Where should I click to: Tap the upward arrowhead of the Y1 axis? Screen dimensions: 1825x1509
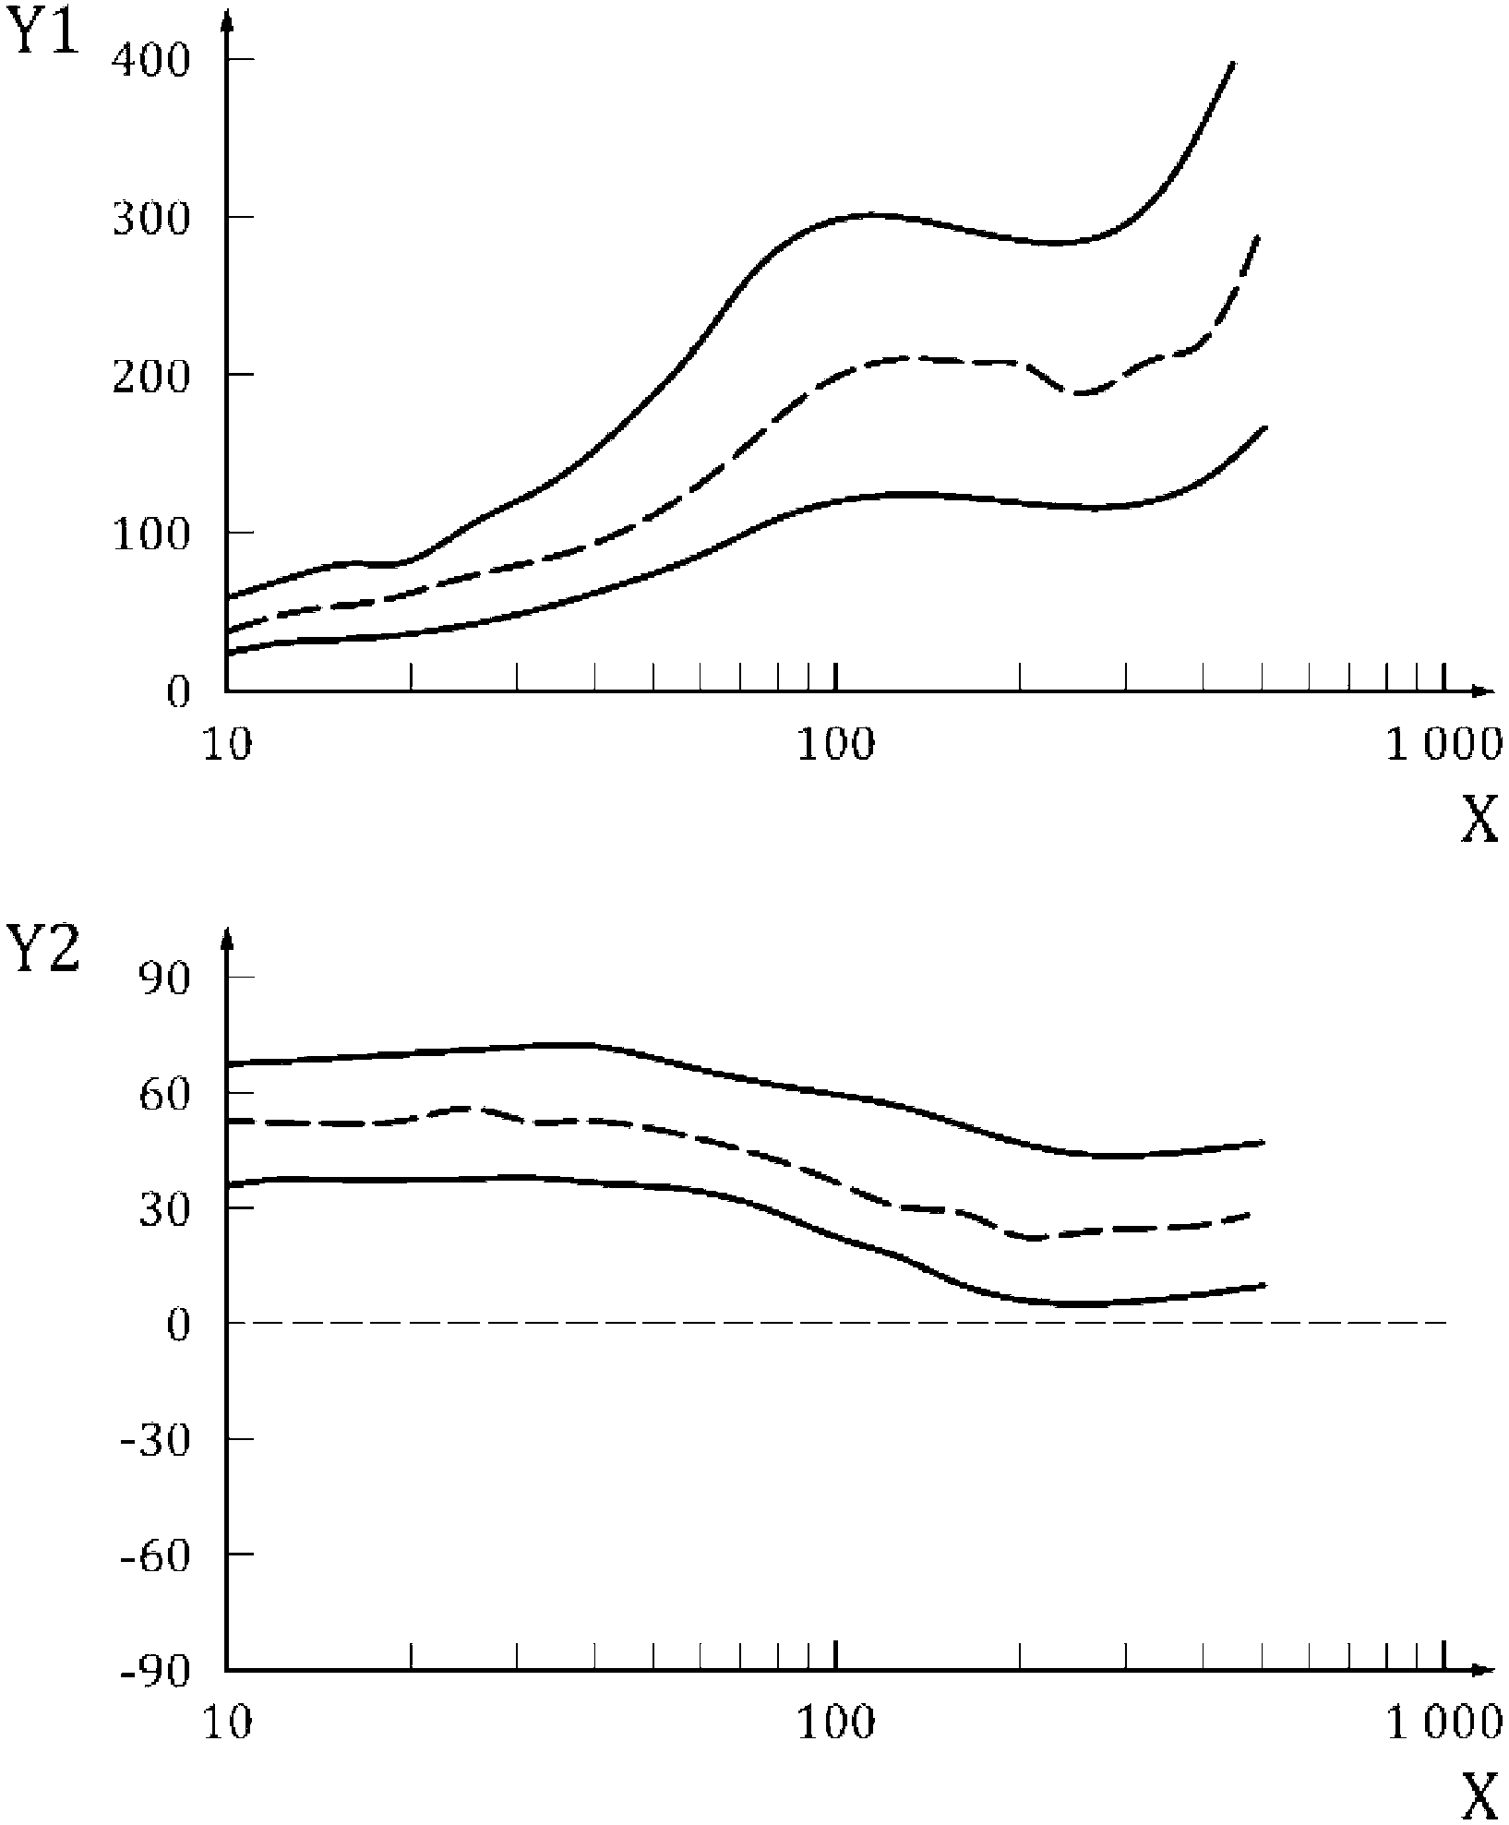(227, 20)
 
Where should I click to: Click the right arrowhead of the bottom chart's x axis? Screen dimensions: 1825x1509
(1485, 1669)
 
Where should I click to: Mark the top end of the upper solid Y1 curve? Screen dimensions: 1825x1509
(1234, 63)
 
